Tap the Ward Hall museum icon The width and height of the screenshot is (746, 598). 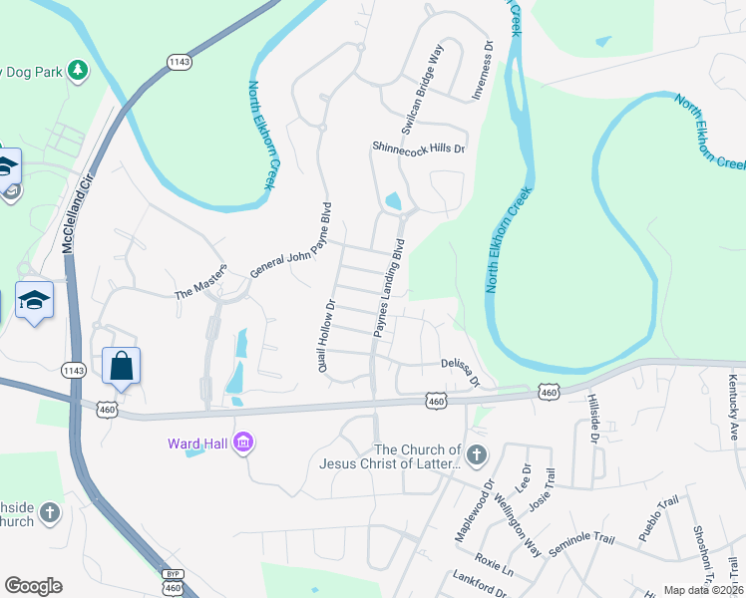point(242,442)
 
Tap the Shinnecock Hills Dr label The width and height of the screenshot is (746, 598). point(419,148)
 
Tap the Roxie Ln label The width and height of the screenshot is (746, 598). point(494,564)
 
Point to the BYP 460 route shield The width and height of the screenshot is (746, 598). point(173,582)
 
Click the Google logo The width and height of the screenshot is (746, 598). point(33,586)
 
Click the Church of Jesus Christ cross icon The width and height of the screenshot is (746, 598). point(477,456)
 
